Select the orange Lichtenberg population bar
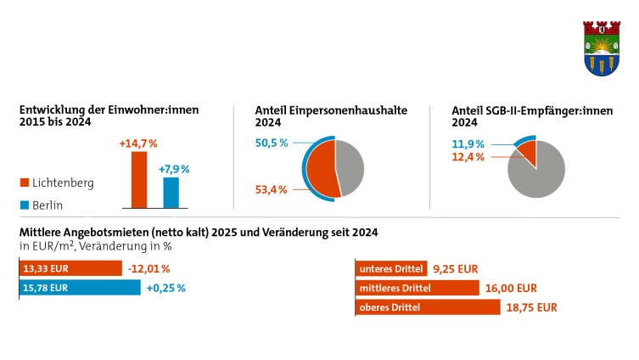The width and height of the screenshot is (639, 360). tap(139, 179)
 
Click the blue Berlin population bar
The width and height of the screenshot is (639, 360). tap(171, 192)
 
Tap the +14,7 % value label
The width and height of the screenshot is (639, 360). tap(138, 143)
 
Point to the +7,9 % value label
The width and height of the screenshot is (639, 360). tap(174, 169)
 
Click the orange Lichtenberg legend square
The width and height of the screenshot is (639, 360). tap(25, 183)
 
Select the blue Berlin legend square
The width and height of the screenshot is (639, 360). tap(25, 205)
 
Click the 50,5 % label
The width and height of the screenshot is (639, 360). tap(273, 143)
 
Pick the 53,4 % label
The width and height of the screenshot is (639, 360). tap(273, 188)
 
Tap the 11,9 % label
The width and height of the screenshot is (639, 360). tap(467, 143)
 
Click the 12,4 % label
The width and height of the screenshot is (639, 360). tap(467, 157)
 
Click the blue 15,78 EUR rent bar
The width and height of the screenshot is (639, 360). tap(79, 288)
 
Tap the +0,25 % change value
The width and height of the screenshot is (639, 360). tap(165, 288)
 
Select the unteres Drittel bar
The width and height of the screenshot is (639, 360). tap(391, 268)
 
